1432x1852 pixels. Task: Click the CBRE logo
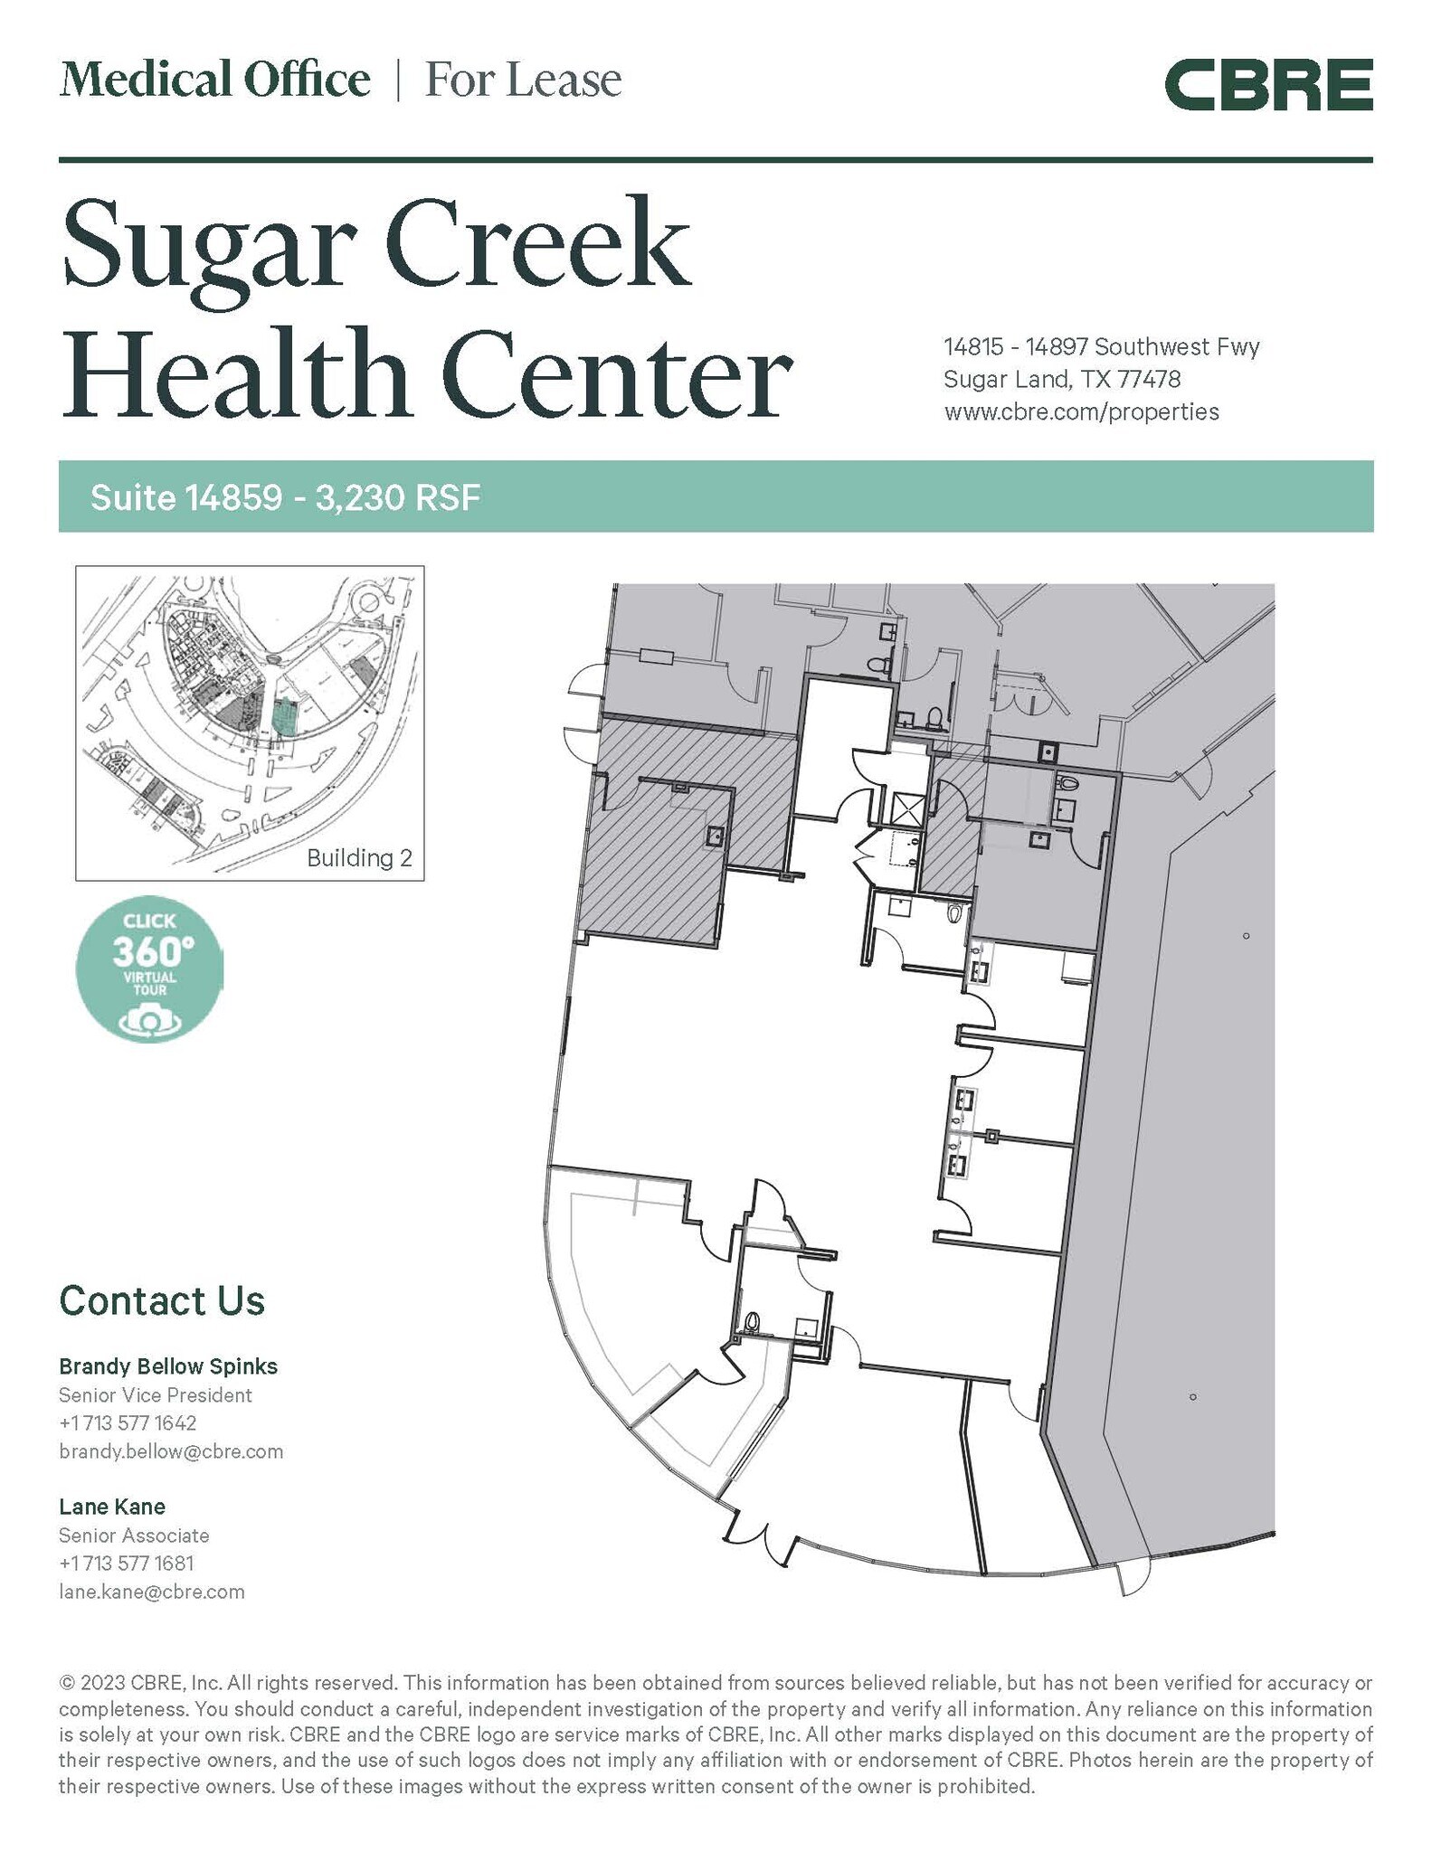pos(1267,85)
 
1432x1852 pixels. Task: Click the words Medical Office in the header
pos(214,80)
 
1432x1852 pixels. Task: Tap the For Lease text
pos(523,80)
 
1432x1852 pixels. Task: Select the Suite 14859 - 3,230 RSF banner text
pos(285,497)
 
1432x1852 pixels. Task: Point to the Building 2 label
pos(359,857)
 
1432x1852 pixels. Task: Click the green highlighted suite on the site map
pos(284,715)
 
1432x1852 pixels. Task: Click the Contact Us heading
pos(162,1300)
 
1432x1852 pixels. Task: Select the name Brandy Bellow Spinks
pos(168,1365)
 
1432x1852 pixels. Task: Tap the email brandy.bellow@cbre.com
pos(171,1451)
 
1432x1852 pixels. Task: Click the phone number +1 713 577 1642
pos(128,1422)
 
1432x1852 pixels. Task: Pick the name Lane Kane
pos(112,1507)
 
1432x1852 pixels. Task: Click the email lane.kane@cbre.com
pos(152,1592)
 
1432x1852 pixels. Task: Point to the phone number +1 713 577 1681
pos(127,1563)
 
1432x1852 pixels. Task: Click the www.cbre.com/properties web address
pos(1081,412)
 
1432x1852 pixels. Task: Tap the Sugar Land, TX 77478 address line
pos(1062,379)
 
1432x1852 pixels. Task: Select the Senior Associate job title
pos(134,1535)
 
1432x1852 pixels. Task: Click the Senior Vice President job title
pos(156,1394)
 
